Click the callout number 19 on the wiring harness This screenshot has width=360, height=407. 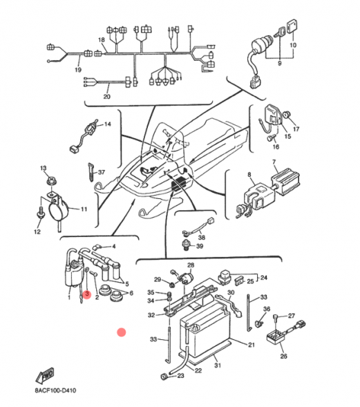[x=77, y=70]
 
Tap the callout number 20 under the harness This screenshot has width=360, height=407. [x=106, y=97]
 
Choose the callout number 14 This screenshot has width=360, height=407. [x=107, y=124]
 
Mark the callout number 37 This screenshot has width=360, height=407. [x=101, y=172]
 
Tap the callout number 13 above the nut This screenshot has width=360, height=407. [x=43, y=169]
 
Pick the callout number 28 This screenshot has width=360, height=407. [x=191, y=265]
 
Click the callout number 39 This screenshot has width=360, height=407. [x=200, y=245]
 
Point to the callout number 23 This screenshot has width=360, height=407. [x=180, y=377]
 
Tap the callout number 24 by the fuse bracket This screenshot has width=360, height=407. [x=263, y=278]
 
